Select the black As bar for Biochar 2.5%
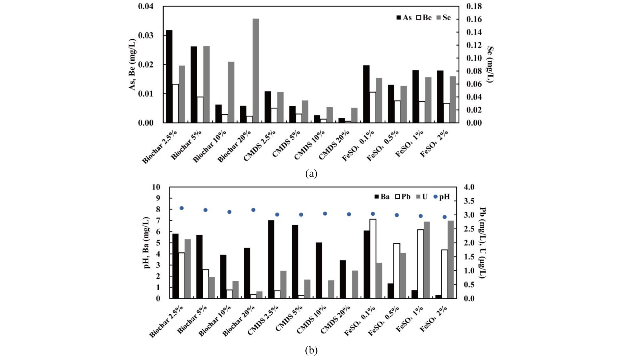coord(169,76)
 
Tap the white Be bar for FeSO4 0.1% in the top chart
coord(373,107)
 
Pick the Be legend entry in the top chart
coord(424,18)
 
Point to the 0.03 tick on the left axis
coord(146,35)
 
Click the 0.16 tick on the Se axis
coord(474,19)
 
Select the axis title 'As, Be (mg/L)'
coord(133,64)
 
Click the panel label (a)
coord(311,173)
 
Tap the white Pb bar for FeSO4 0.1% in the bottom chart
coord(373,259)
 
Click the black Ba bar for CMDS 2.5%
coord(271,259)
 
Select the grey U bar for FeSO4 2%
coord(450,259)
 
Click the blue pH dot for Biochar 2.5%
coord(181,208)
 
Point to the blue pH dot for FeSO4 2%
coord(444,217)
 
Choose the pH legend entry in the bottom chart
coord(442,197)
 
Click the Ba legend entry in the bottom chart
coord(382,197)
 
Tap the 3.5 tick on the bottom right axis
coord(469,201)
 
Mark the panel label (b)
coord(311,351)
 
